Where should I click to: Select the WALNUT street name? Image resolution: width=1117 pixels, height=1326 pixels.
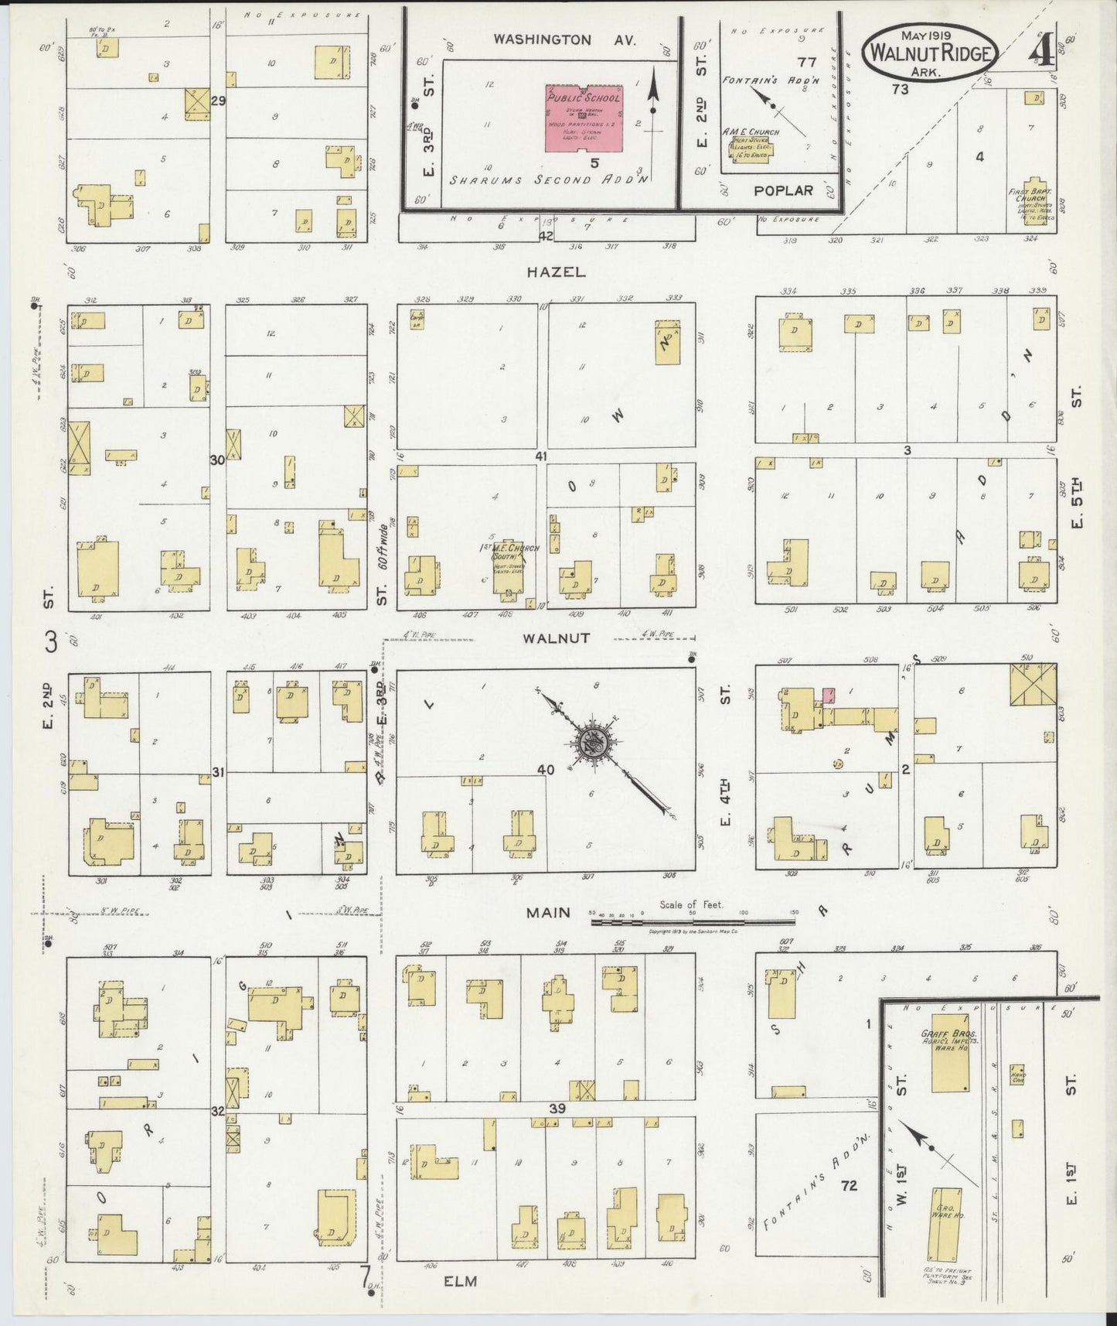557,638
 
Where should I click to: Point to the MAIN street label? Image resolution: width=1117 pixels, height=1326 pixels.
548,913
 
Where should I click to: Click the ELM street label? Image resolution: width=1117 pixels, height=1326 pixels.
461,1280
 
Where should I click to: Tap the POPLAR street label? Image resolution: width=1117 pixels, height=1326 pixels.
784,190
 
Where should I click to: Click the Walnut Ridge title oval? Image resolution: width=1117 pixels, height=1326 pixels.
931,51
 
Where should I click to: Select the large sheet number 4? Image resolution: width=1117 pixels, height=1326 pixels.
1039,52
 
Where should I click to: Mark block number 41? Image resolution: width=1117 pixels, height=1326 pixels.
540,456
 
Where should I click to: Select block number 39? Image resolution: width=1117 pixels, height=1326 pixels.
557,1109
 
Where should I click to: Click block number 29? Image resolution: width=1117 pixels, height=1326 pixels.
219,101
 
